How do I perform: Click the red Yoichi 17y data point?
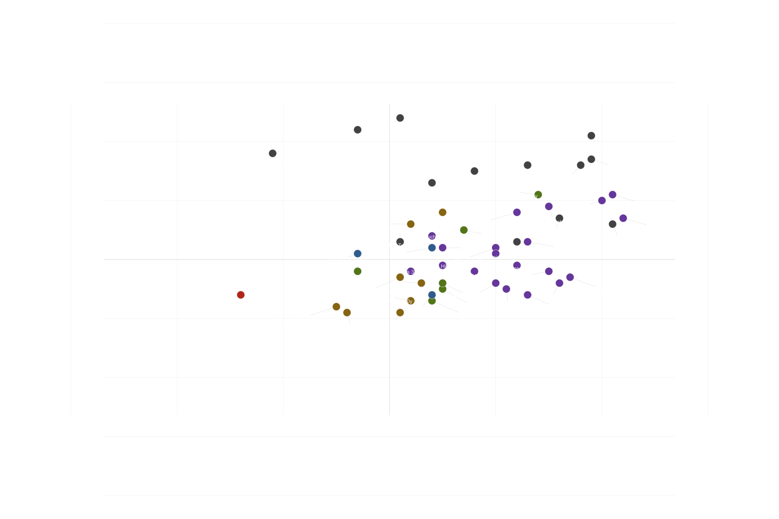click(241, 295)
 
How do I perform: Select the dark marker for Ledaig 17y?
click(273, 153)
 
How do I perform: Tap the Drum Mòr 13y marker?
click(400, 118)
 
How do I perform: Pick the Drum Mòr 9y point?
click(358, 130)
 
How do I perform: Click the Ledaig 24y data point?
click(591, 135)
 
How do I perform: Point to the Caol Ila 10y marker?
click(432, 183)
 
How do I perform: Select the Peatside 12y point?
click(474, 171)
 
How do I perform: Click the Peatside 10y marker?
click(527, 165)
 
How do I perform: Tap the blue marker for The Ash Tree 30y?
click(358, 253)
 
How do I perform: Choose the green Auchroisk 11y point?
click(358, 271)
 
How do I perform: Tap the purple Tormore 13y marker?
click(613, 194)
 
